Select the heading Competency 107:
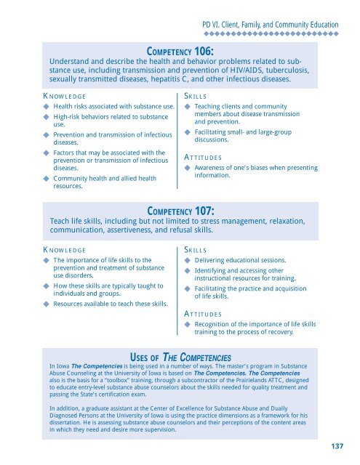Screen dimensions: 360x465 [180, 211]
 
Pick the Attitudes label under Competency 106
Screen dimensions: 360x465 [201, 157]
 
